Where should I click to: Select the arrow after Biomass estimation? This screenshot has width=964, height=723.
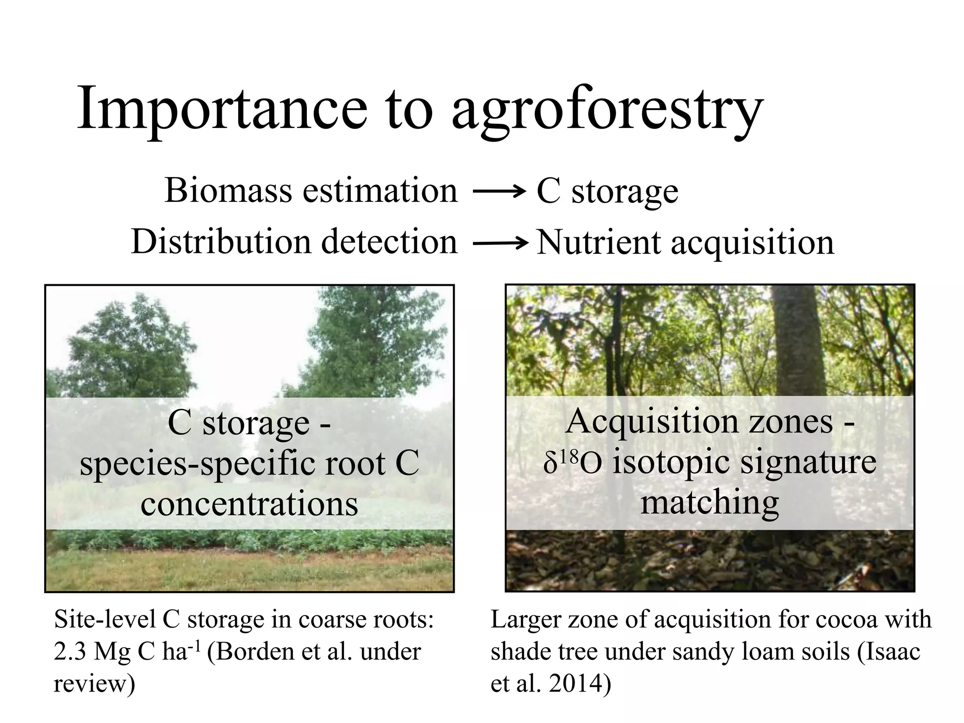tap(498, 192)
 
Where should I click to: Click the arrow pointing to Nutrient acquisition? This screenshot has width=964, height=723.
tap(498, 243)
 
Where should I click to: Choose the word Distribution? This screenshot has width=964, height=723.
tap(221, 242)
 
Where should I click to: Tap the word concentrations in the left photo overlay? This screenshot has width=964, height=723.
tap(249, 504)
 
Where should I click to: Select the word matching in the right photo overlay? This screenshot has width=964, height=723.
tap(710, 503)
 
